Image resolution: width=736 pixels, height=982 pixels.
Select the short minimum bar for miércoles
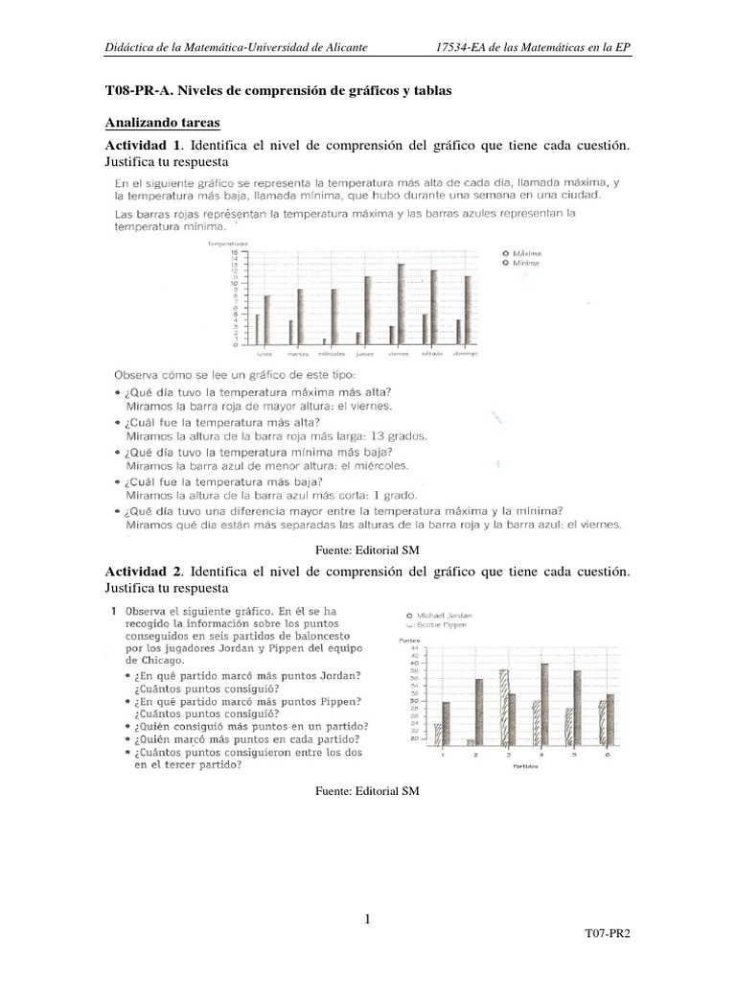pyautogui.click(x=324, y=340)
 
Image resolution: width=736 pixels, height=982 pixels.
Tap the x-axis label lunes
pyautogui.click(x=263, y=353)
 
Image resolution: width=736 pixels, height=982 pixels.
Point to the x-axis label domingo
pyautogui.click(x=466, y=353)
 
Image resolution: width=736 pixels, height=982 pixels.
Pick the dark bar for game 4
pyautogui.click(x=544, y=704)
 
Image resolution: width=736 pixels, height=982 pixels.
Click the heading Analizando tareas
pyautogui.click(x=162, y=124)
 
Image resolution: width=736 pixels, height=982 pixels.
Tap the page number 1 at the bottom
pyautogui.click(x=367, y=921)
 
